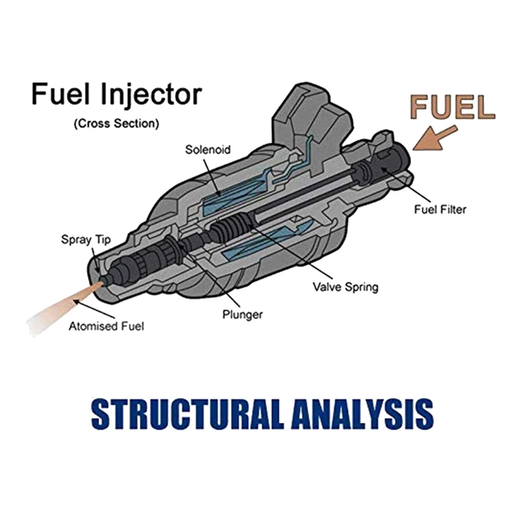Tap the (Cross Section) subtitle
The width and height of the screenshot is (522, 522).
pos(116,123)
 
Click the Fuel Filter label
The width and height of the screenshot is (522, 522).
pos(440,209)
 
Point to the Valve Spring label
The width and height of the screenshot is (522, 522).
pos(345,286)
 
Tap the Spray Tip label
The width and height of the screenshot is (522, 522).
pos(86,239)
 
